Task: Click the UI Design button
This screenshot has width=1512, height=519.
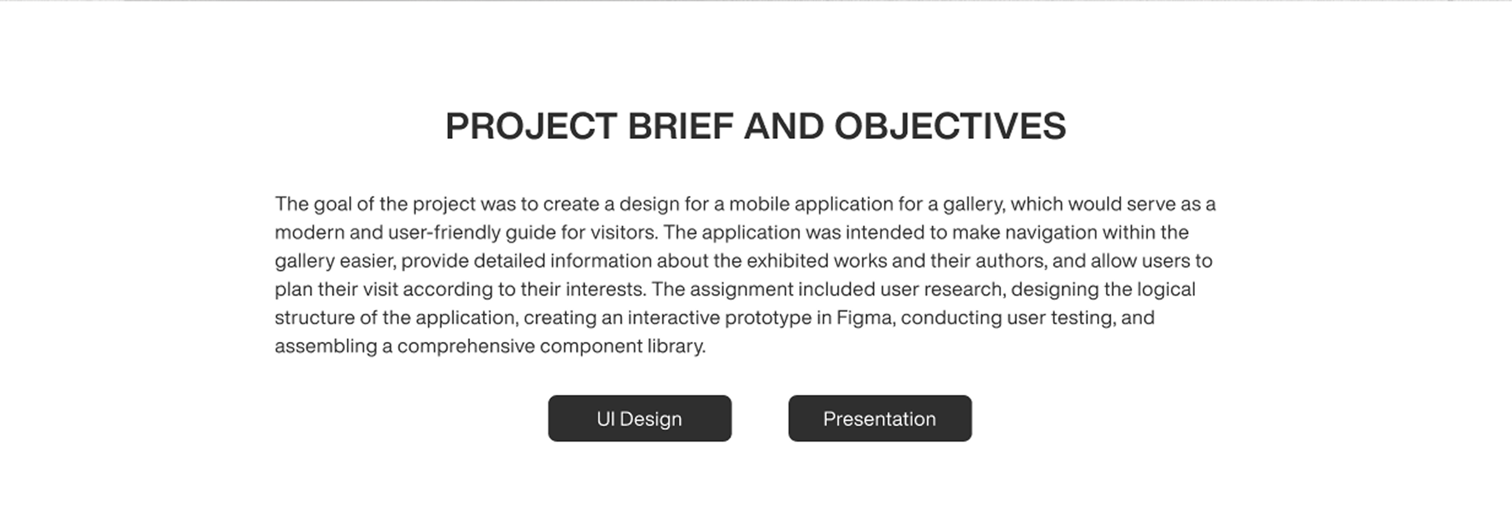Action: pos(639,418)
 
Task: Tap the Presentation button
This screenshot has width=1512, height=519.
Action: pos(880,418)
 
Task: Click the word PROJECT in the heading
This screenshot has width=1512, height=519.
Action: pos(530,126)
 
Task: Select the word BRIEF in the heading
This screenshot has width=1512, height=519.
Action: pos(680,126)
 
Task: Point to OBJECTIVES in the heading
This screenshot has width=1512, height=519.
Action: pos(950,126)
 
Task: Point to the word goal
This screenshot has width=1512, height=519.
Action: pos(333,204)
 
